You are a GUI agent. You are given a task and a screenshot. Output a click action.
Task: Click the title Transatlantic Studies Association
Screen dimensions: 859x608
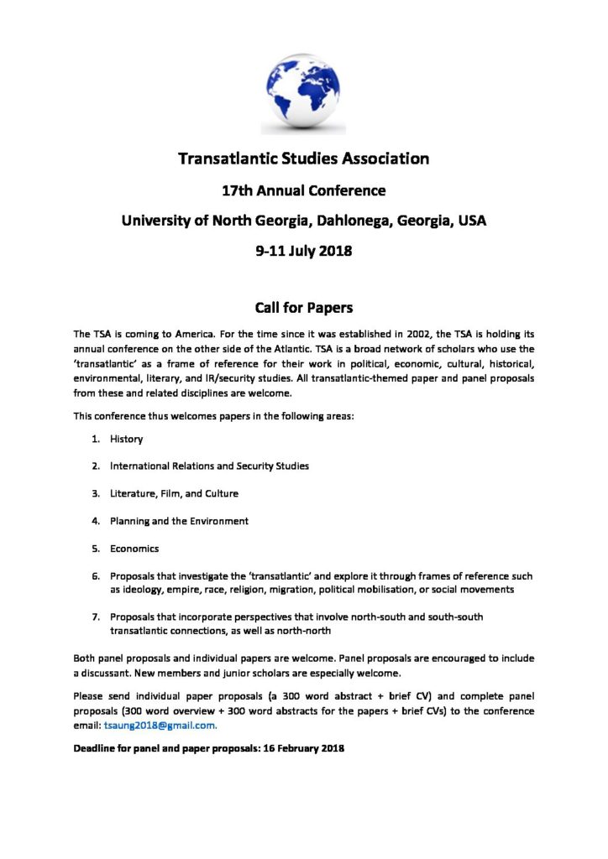tap(303, 158)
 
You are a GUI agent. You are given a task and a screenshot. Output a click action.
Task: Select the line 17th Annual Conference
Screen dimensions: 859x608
tap(303, 190)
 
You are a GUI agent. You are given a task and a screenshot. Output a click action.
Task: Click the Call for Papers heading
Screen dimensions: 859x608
tap(303, 307)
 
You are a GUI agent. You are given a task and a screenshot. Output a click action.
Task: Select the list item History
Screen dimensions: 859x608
tap(126, 439)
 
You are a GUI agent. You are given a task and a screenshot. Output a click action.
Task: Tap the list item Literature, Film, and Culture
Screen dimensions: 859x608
tap(174, 493)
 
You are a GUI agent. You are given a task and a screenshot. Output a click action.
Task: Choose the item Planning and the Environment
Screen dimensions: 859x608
tap(179, 521)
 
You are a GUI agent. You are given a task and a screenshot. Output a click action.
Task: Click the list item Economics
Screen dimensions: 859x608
tap(134, 549)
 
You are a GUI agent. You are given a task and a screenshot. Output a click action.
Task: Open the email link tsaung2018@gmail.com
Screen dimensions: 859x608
tap(160, 725)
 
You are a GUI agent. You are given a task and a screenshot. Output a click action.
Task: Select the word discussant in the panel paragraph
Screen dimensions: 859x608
tap(99, 674)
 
